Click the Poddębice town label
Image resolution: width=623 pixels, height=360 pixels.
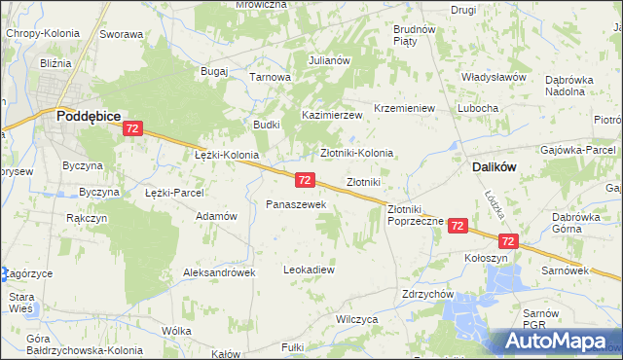pyautogui.click(x=89, y=115)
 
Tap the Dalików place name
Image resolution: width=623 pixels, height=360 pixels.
pyautogui.click(x=494, y=167)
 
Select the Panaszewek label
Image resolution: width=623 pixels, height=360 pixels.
pyautogui.click(x=302, y=205)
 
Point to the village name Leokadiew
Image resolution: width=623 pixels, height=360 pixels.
pyautogui.click(x=309, y=270)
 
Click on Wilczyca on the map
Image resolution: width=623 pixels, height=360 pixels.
pyautogui.click(x=355, y=318)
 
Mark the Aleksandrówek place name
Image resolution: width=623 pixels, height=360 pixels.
pyautogui.click(x=219, y=273)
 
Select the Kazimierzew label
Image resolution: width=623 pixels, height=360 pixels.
pyautogui.click(x=331, y=115)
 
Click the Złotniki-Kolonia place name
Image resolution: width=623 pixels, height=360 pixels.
pyautogui.click(x=357, y=153)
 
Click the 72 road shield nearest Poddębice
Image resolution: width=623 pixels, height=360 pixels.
pyautogui.click(x=134, y=128)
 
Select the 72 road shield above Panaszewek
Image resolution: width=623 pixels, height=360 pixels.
pyautogui.click(x=305, y=180)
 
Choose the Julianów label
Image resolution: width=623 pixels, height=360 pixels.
pyautogui.click(x=329, y=60)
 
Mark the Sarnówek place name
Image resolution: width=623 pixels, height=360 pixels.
pyautogui.click(x=563, y=267)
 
